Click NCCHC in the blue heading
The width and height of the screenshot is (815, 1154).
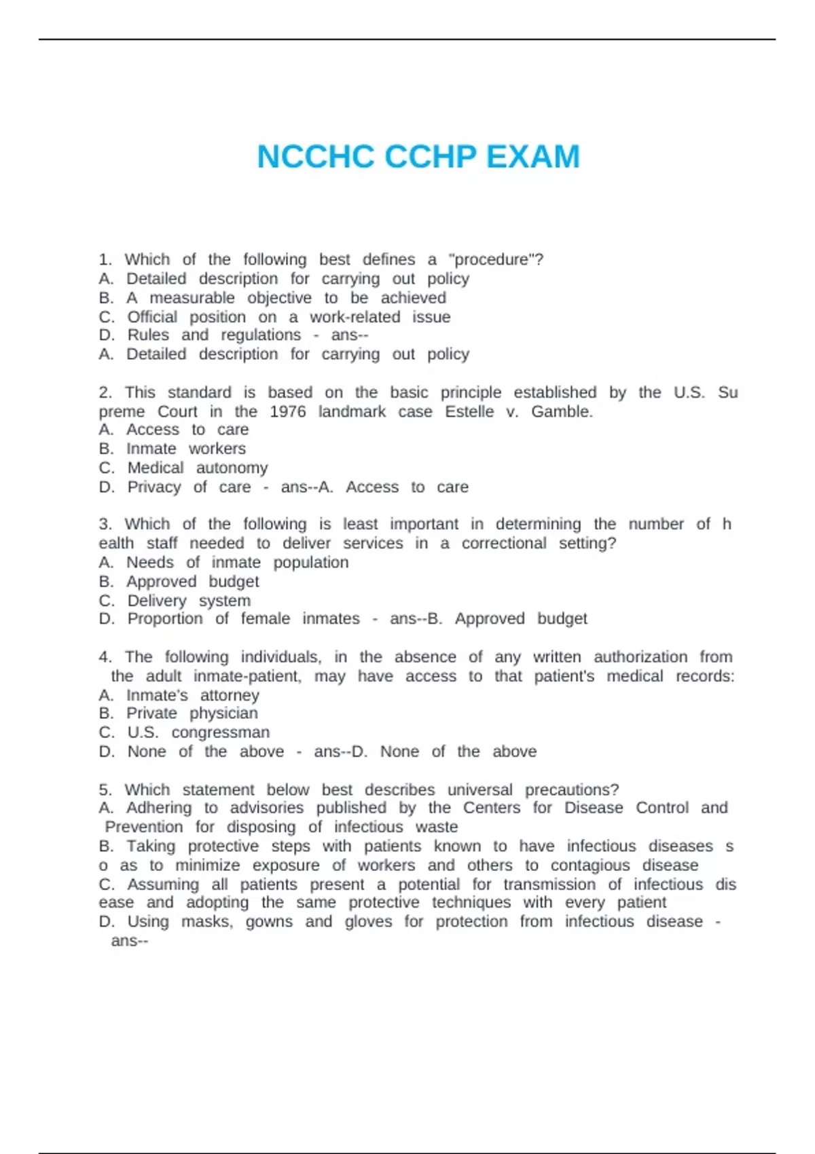click(316, 157)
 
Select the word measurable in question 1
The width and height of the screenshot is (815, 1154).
click(192, 298)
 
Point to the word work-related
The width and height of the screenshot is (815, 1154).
click(355, 317)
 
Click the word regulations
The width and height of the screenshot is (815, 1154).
click(260, 335)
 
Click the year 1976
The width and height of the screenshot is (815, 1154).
click(287, 411)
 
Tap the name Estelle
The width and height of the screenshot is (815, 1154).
click(469, 411)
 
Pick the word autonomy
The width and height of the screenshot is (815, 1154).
click(232, 468)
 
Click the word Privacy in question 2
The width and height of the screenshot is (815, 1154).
click(154, 487)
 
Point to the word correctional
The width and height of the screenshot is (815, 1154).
click(503, 543)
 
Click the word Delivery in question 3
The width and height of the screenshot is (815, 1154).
click(157, 601)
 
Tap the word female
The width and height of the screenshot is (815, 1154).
click(265, 619)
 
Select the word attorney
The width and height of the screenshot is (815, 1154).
click(230, 695)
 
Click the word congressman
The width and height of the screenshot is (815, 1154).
click(220, 732)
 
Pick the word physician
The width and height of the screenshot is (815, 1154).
click(223, 713)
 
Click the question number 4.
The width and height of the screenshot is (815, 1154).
click(105, 657)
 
